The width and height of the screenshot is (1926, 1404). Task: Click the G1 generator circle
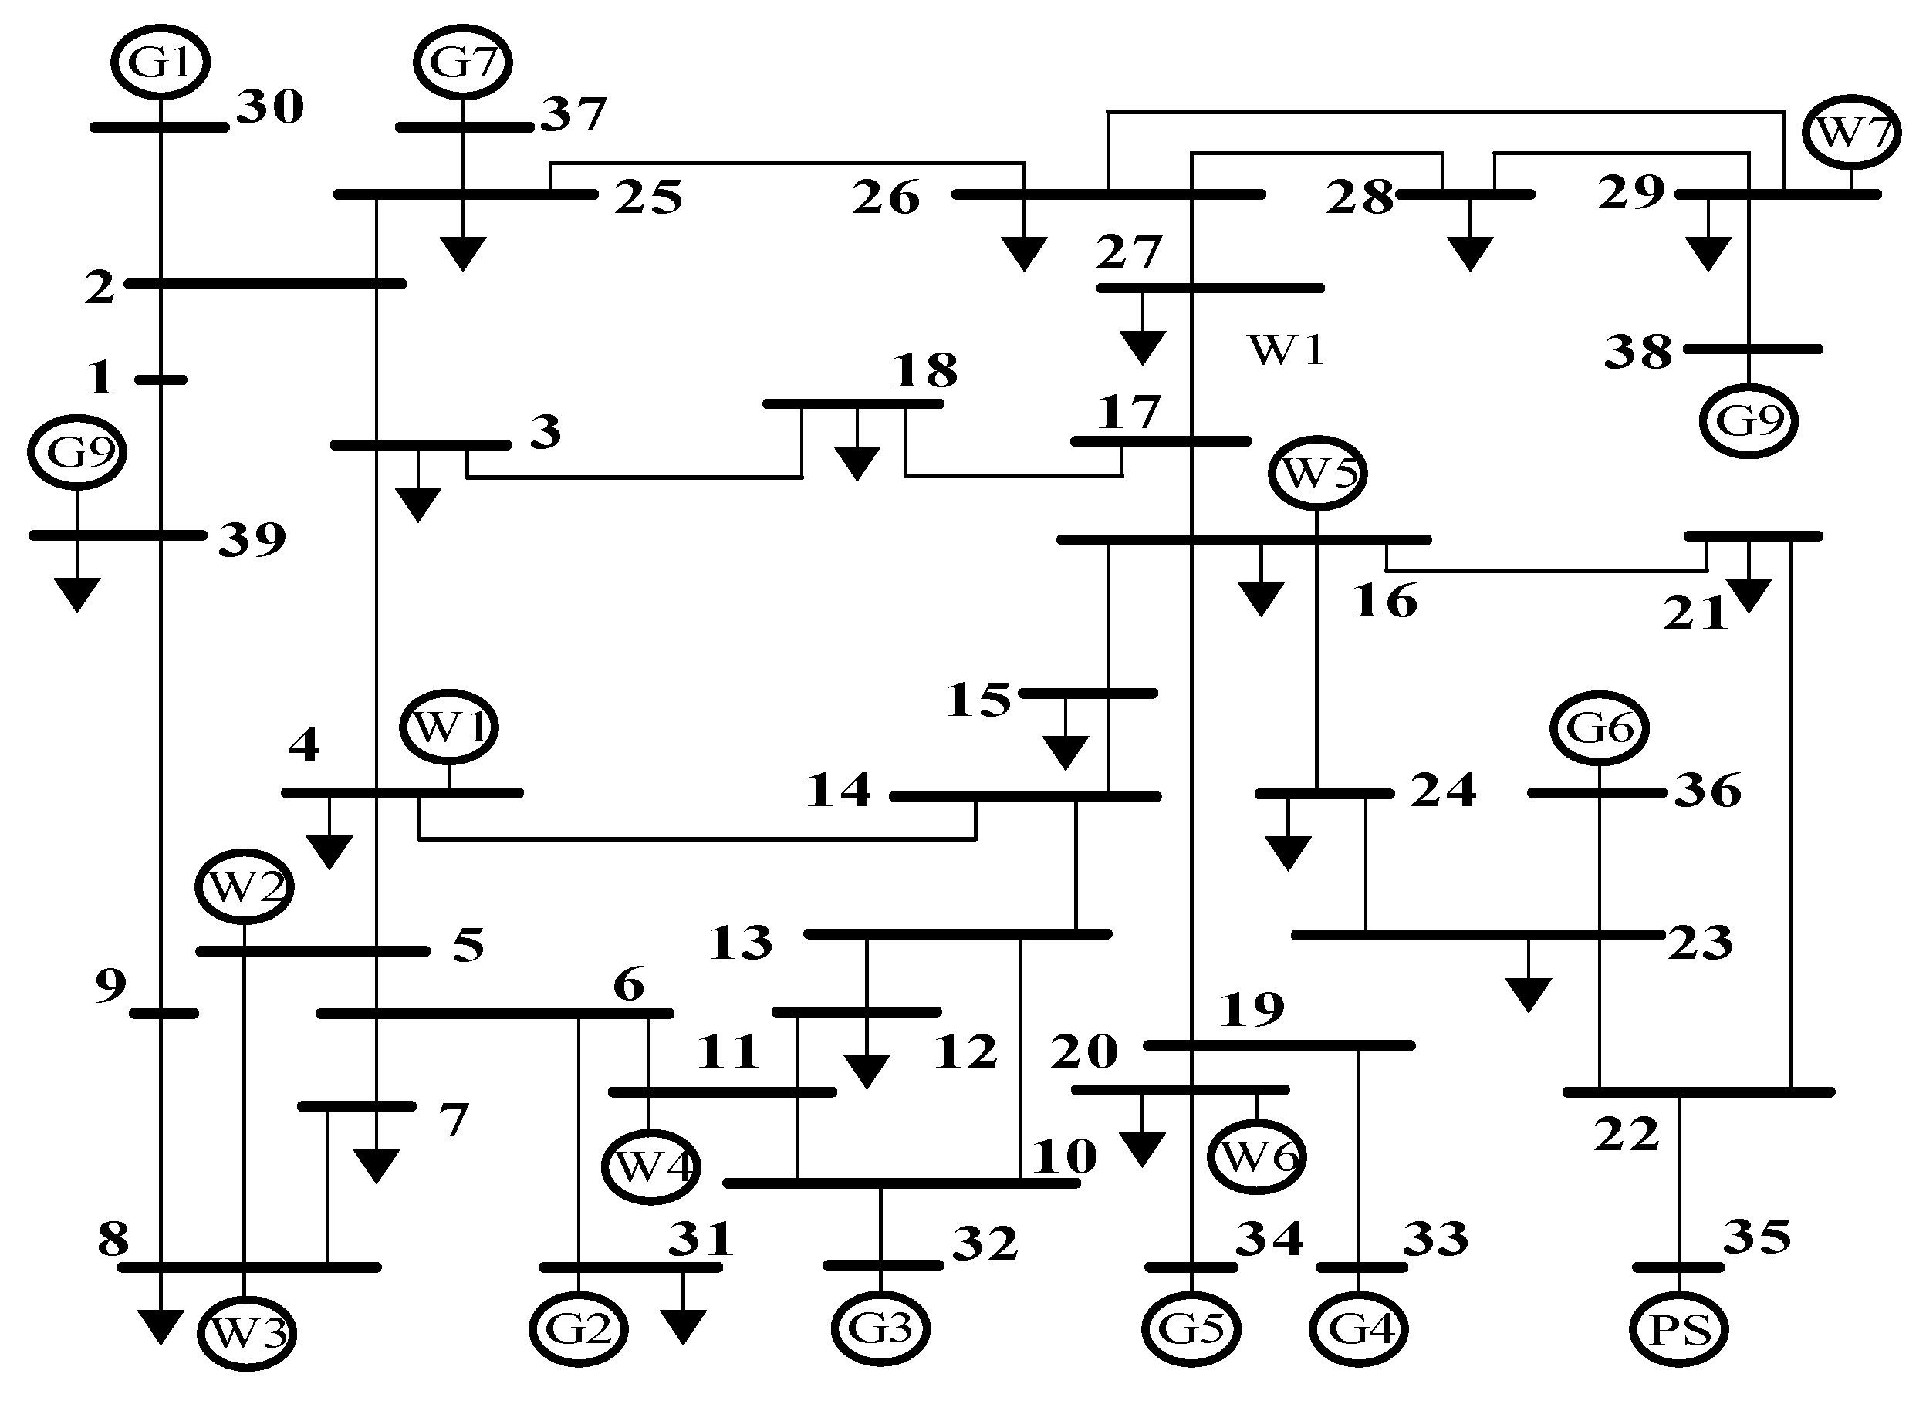click(x=160, y=61)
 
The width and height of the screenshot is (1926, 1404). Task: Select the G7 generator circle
click(x=462, y=61)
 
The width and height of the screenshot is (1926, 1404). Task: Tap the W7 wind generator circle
click(x=1851, y=133)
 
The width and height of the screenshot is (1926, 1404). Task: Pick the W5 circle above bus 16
click(x=1317, y=473)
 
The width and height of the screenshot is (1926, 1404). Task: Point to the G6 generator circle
click(x=1600, y=727)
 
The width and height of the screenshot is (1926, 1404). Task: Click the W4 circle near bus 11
click(x=651, y=1167)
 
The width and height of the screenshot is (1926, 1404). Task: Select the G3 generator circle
click(x=880, y=1328)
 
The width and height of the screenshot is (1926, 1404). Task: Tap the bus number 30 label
click(x=270, y=107)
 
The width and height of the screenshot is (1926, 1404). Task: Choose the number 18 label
click(x=924, y=370)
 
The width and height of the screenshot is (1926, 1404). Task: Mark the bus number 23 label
click(x=1700, y=943)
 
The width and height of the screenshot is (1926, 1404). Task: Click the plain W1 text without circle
click(x=1286, y=350)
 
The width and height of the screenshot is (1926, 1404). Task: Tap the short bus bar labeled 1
click(x=160, y=380)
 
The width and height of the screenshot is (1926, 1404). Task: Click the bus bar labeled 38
click(x=1752, y=349)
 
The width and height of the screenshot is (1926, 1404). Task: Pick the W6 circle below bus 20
click(x=1256, y=1156)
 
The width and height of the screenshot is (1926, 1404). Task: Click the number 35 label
click(x=1757, y=1237)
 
